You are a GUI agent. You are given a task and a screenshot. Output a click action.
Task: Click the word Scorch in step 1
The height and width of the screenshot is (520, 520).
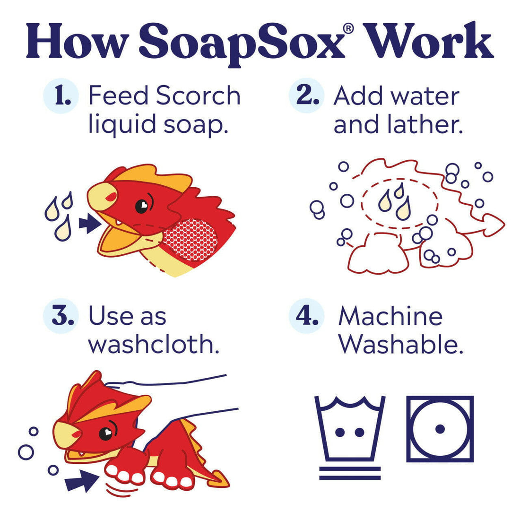198,96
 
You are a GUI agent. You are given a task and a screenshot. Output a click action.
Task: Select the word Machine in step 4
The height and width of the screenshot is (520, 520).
390,316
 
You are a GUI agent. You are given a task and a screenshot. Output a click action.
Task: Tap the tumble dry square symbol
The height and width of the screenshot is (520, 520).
440,429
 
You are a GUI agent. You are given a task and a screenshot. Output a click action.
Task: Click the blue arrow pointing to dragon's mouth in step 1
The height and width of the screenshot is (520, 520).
89,223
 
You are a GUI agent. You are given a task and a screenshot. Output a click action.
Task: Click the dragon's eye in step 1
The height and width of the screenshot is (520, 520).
142,206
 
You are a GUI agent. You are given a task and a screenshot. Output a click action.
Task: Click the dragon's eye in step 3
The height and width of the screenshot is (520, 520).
106,432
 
